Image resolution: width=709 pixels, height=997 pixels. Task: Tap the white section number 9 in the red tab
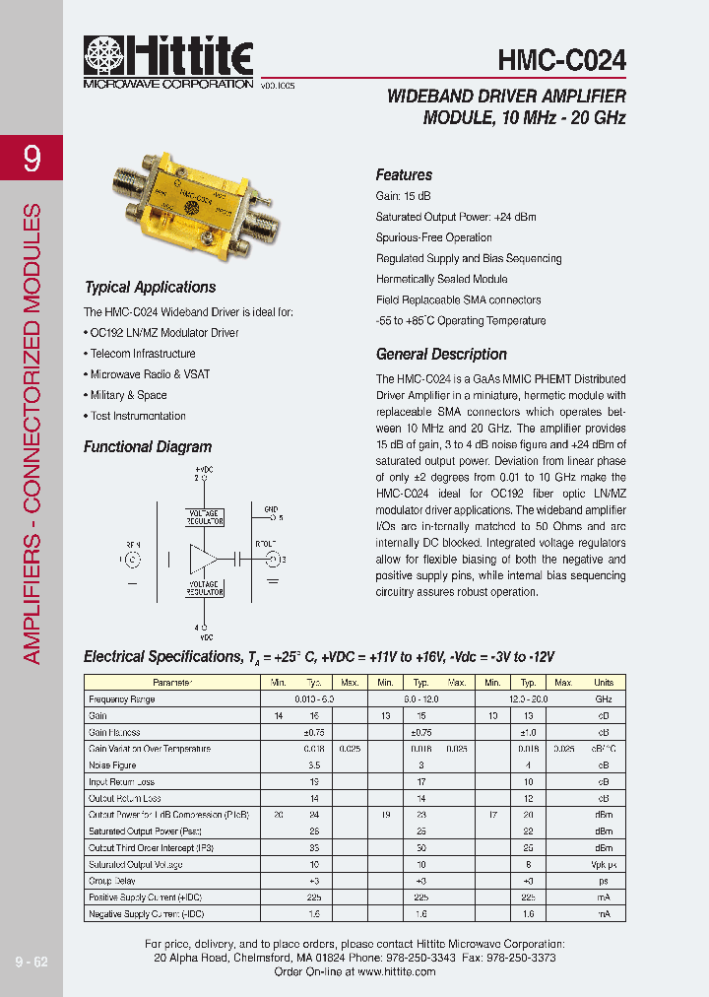(x=32, y=159)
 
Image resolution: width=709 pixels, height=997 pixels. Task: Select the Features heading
(x=404, y=174)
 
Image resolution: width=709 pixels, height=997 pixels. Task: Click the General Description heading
(x=441, y=355)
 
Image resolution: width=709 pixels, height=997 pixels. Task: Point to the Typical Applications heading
(x=150, y=288)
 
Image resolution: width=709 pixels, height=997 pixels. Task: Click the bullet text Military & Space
(x=128, y=395)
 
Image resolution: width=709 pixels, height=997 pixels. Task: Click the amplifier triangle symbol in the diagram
(x=205, y=559)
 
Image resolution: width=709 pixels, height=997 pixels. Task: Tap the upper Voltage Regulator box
(x=204, y=518)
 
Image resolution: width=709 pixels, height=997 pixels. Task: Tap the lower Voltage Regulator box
(x=204, y=588)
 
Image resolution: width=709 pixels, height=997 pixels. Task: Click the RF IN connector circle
(x=132, y=559)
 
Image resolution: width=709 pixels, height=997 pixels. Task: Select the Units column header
(x=603, y=683)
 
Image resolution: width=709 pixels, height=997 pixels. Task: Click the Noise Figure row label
(x=112, y=765)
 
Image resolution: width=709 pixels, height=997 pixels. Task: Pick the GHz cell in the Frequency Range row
(x=603, y=699)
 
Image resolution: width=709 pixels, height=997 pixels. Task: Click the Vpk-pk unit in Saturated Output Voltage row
(x=603, y=865)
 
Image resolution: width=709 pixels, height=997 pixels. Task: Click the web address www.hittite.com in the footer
(x=396, y=971)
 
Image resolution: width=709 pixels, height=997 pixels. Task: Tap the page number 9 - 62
(x=32, y=962)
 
